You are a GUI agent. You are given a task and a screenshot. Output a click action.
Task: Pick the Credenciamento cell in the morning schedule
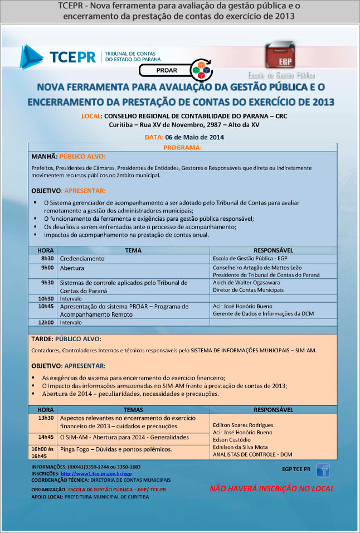(x=82, y=259)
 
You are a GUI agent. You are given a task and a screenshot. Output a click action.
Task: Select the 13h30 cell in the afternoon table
(x=46, y=418)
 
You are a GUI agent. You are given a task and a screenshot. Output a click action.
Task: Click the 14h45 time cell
(x=46, y=437)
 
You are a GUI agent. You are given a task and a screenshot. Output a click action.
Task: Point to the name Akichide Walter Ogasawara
(x=247, y=283)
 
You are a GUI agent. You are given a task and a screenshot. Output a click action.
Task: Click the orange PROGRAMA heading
(x=183, y=148)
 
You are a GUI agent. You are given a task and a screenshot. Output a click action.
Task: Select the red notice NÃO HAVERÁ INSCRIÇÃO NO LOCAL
(x=271, y=489)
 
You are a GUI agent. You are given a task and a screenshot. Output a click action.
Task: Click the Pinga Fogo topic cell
(x=116, y=449)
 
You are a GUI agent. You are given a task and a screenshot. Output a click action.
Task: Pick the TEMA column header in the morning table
(x=133, y=250)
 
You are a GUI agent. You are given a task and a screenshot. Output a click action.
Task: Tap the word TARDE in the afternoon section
(x=42, y=338)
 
